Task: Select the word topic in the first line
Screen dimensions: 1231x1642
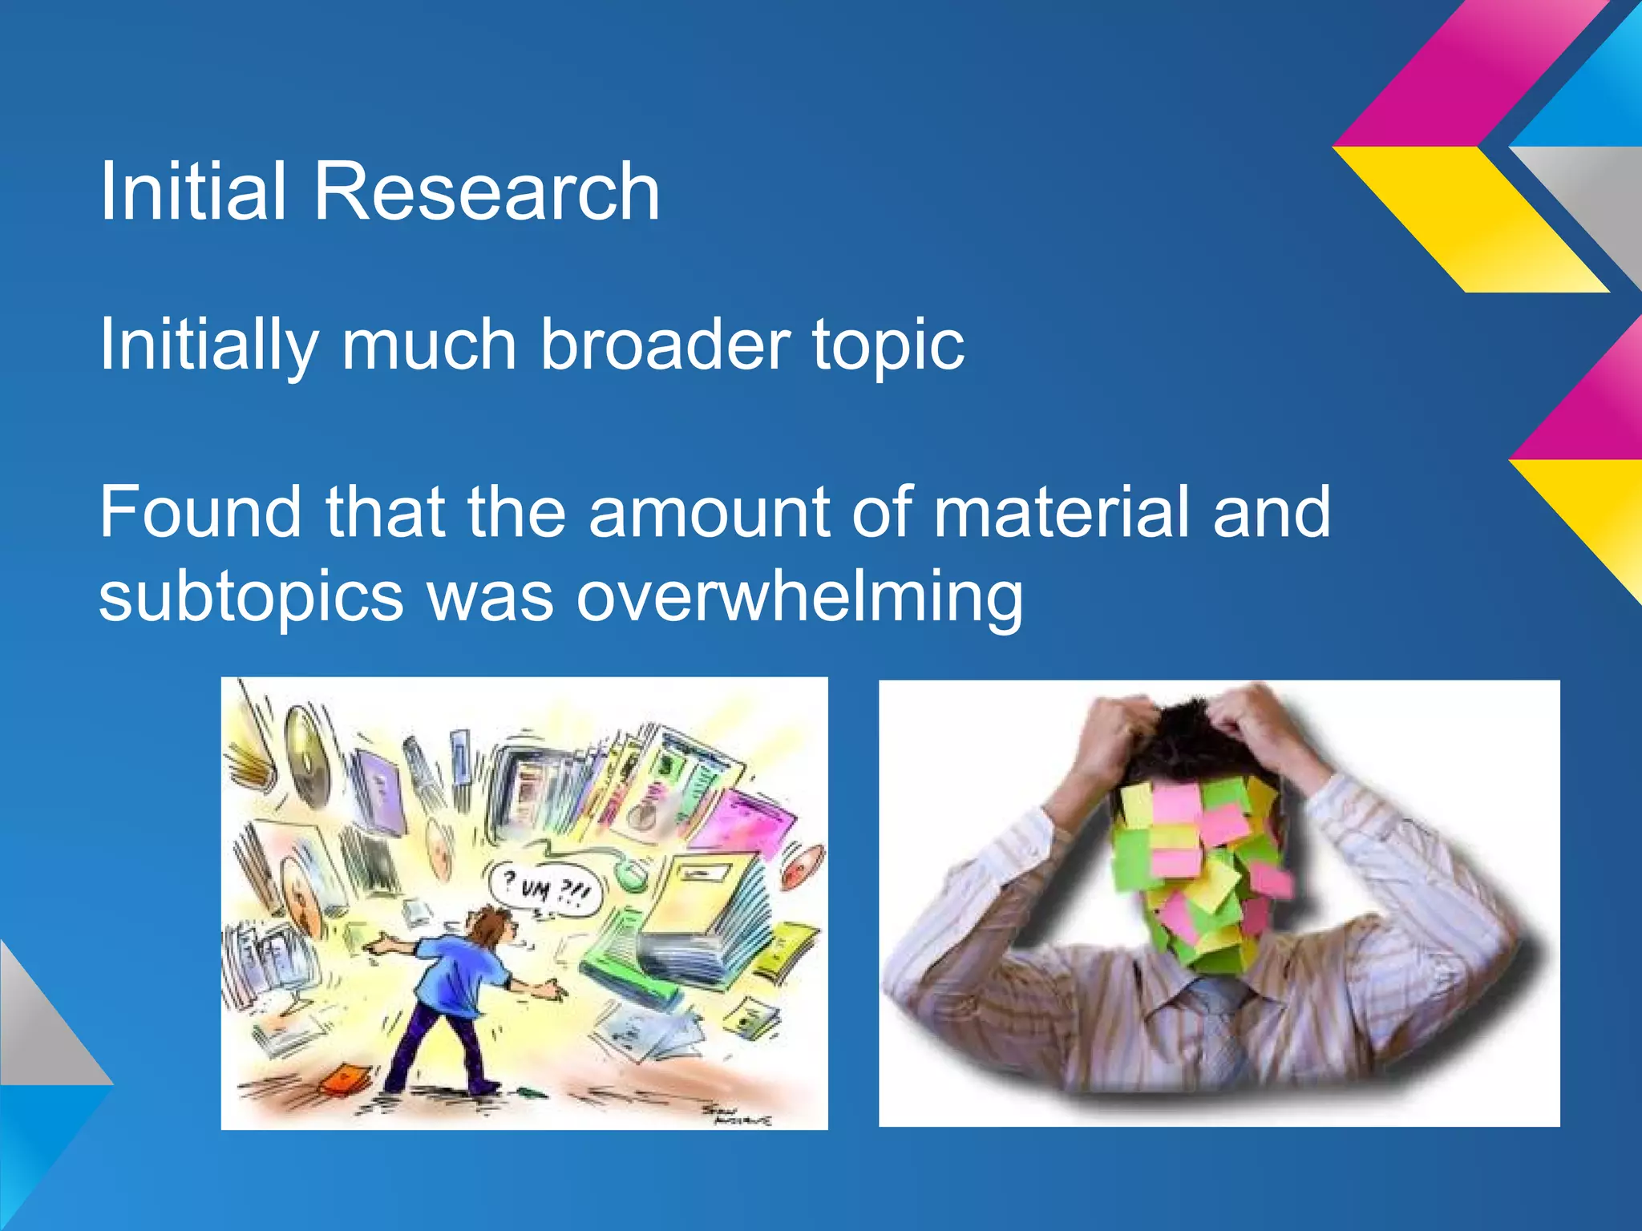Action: click(x=888, y=346)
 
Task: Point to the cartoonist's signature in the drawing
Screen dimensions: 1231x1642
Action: click(x=736, y=1115)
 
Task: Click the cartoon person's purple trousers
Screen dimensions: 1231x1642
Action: click(x=433, y=1042)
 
